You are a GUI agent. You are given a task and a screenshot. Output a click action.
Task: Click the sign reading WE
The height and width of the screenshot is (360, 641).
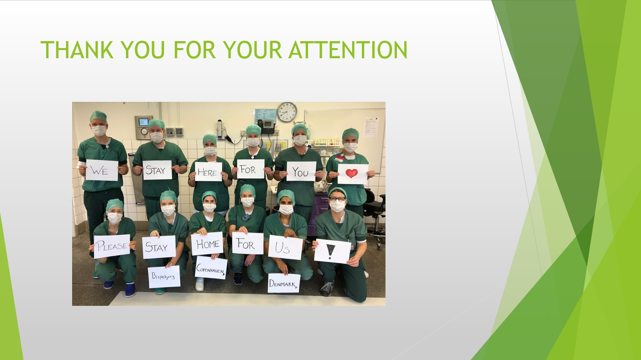tap(101, 170)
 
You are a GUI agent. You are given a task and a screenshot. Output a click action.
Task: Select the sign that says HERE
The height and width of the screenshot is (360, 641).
tap(208, 171)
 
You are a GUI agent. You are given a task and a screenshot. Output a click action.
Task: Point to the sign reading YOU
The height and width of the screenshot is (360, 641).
tap(301, 171)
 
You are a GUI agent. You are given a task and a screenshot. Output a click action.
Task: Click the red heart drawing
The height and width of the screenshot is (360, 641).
tap(351, 173)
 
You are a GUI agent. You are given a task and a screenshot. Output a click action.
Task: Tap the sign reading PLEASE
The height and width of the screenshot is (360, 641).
tap(112, 246)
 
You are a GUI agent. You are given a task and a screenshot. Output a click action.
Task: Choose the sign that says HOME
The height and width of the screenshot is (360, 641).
tap(207, 244)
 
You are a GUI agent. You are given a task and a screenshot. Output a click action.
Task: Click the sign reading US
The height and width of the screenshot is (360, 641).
tap(285, 248)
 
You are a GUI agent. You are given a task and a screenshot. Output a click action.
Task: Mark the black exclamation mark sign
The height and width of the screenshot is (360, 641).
tap(332, 251)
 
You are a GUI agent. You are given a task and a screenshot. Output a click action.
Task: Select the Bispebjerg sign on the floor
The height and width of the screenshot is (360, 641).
tap(164, 277)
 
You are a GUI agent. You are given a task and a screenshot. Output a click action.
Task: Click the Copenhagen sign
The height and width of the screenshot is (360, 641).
tap(211, 268)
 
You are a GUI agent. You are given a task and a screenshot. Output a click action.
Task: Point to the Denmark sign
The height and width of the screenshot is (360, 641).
tap(284, 283)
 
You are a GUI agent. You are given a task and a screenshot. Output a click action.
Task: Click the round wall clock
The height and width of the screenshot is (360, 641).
tap(287, 112)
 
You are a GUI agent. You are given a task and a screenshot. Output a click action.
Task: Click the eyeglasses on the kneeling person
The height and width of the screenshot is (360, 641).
tap(337, 199)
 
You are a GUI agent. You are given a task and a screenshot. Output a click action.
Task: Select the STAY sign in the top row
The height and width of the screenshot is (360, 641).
tap(157, 170)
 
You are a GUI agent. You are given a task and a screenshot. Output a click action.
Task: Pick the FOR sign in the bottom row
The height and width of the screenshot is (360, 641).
tap(248, 244)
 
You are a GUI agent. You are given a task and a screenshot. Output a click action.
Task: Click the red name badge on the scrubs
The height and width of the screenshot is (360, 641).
tap(340, 158)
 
